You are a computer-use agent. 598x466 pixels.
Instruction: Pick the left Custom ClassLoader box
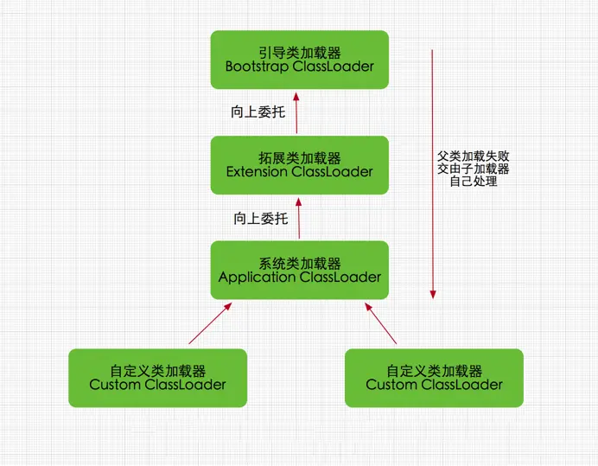click(157, 378)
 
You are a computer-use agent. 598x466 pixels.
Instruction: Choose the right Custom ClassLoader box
click(434, 378)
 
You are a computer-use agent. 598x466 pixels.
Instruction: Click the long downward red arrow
click(433, 173)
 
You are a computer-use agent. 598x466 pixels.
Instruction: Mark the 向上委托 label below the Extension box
click(260, 219)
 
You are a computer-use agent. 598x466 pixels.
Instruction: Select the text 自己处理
click(474, 182)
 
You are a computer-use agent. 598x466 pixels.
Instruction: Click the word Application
click(258, 278)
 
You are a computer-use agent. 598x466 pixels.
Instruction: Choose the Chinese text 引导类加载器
click(299, 51)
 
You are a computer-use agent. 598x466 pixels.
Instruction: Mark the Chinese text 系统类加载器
click(299, 263)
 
